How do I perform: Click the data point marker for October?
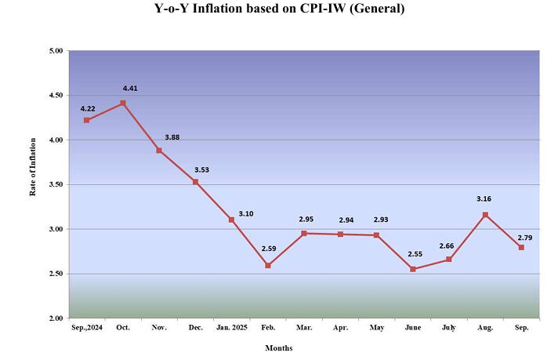pos(123,103)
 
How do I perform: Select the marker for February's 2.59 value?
pos(268,265)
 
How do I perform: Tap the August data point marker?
pos(485,214)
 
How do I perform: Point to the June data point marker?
pos(413,269)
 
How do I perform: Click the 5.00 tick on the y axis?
pos(55,51)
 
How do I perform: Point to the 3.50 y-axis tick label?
pos(55,185)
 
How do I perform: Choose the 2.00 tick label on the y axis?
pos(55,318)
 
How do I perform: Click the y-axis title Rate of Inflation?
pos(34,185)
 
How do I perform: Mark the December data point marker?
pos(195,181)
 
